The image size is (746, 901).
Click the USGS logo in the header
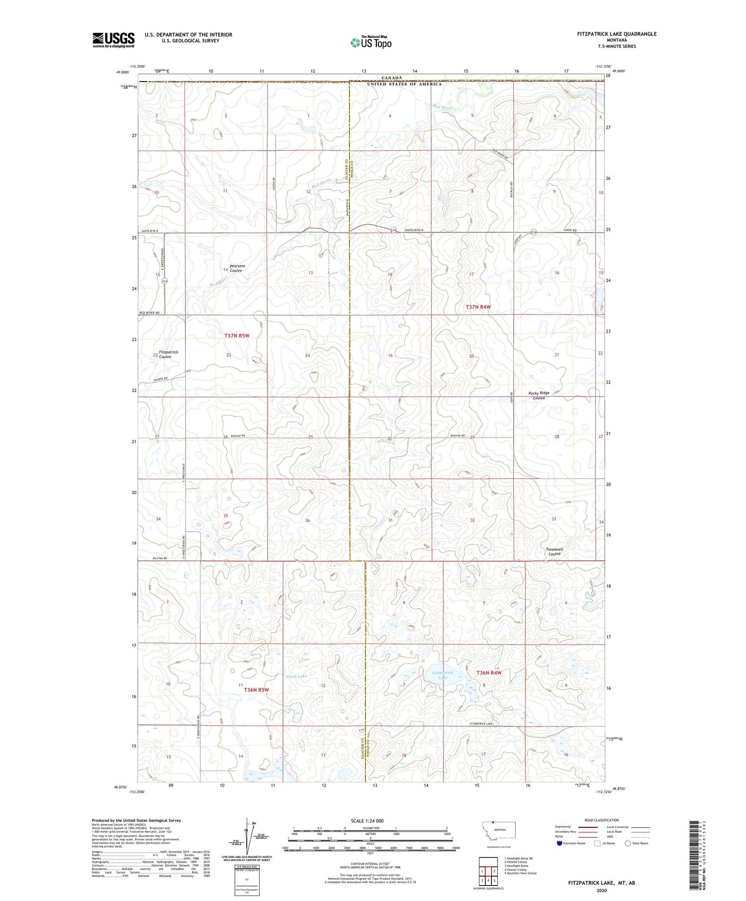[113, 39]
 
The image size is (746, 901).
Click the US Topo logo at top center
[371, 43]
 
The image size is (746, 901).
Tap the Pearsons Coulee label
[236, 268]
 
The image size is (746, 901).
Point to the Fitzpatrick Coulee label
[168, 354]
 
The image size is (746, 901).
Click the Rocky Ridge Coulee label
[539, 396]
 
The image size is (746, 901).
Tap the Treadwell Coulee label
[553, 552]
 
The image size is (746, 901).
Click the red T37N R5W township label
[237, 335]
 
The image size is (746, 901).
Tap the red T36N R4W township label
[489, 672]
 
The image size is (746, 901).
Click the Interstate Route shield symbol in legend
[559, 843]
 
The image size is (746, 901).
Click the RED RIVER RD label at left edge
[149, 313]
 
